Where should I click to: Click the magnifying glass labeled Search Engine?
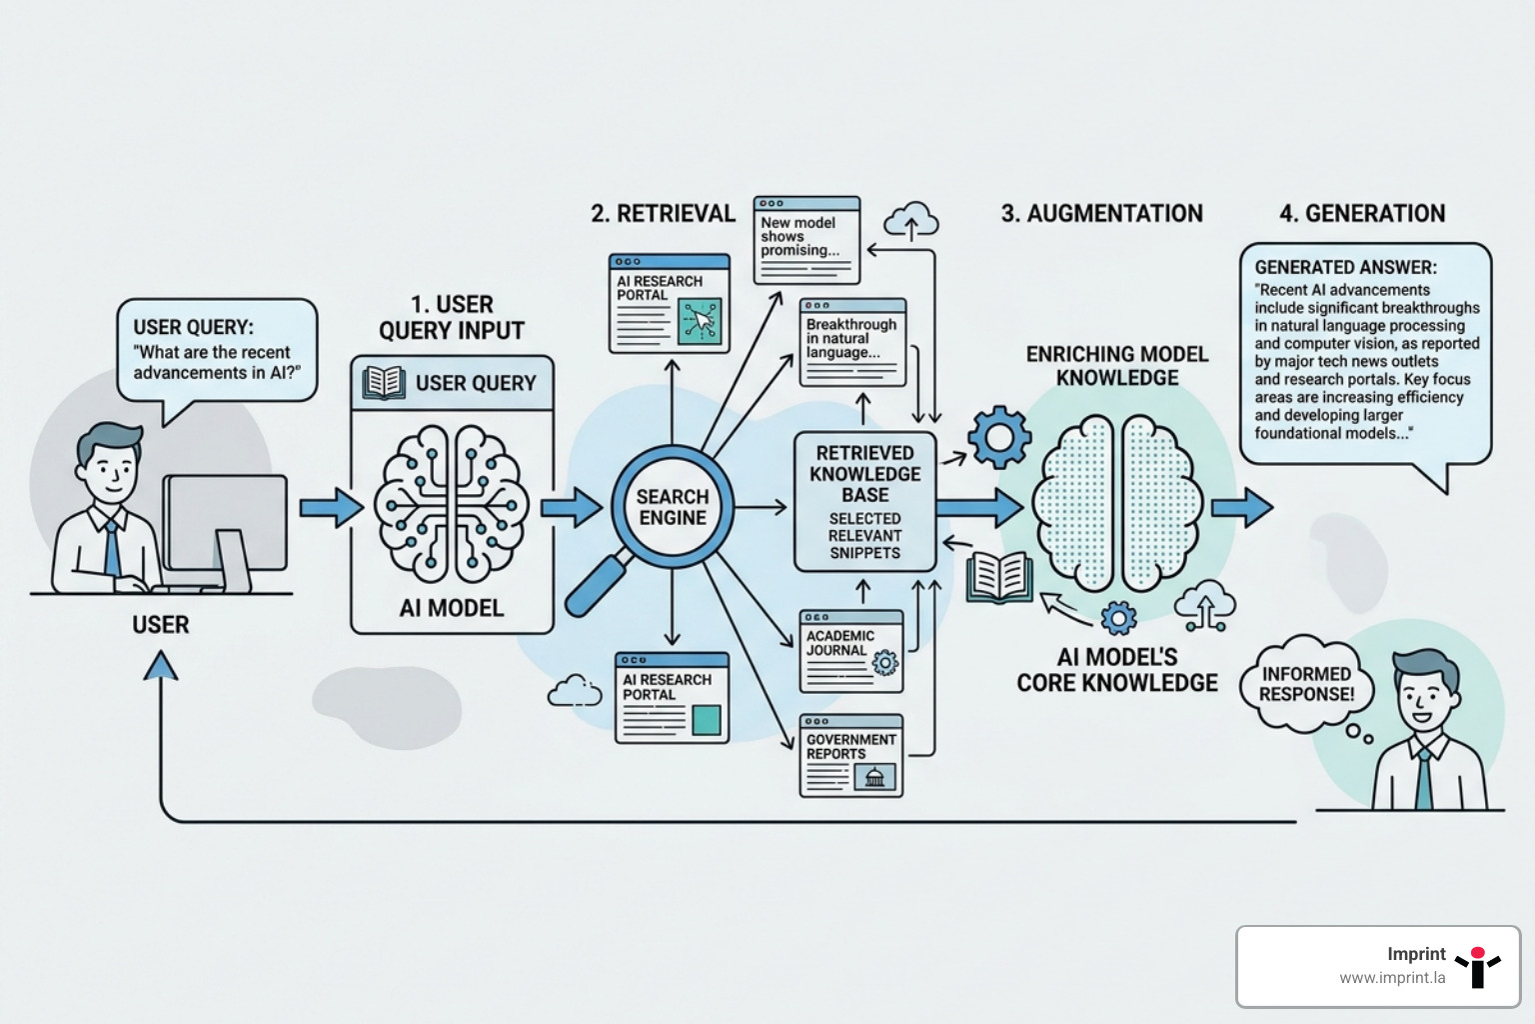pyautogui.click(x=672, y=507)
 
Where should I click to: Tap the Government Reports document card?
pyautogui.click(x=851, y=756)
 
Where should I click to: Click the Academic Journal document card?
pyautogui.click(x=851, y=651)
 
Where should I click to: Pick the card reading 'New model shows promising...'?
pyautogui.click(x=806, y=239)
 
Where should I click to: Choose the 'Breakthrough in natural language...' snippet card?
pyautogui.click(x=852, y=342)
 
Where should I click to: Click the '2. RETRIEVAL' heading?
pyautogui.click(x=663, y=213)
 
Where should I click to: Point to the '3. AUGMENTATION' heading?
pyautogui.click(x=1101, y=213)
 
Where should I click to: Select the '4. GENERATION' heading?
pyautogui.click(x=1362, y=213)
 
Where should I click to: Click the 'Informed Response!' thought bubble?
pyautogui.click(x=1306, y=685)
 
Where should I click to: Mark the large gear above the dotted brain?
pyautogui.click(x=998, y=437)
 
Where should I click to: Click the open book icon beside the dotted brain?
pyautogui.click(x=998, y=577)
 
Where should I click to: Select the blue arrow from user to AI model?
pyautogui.click(x=331, y=508)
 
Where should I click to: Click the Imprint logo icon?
pyautogui.click(x=1477, y=966)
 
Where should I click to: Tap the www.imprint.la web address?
pyautogui.click(x=1392, y=978)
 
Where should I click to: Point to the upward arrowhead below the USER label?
pyautogui.click(x=161, y=666)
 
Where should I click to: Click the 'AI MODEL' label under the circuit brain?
pyautogui.click(x=452, y=608)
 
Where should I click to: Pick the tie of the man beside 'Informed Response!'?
pyautogui.click(x=1423, y=780)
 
